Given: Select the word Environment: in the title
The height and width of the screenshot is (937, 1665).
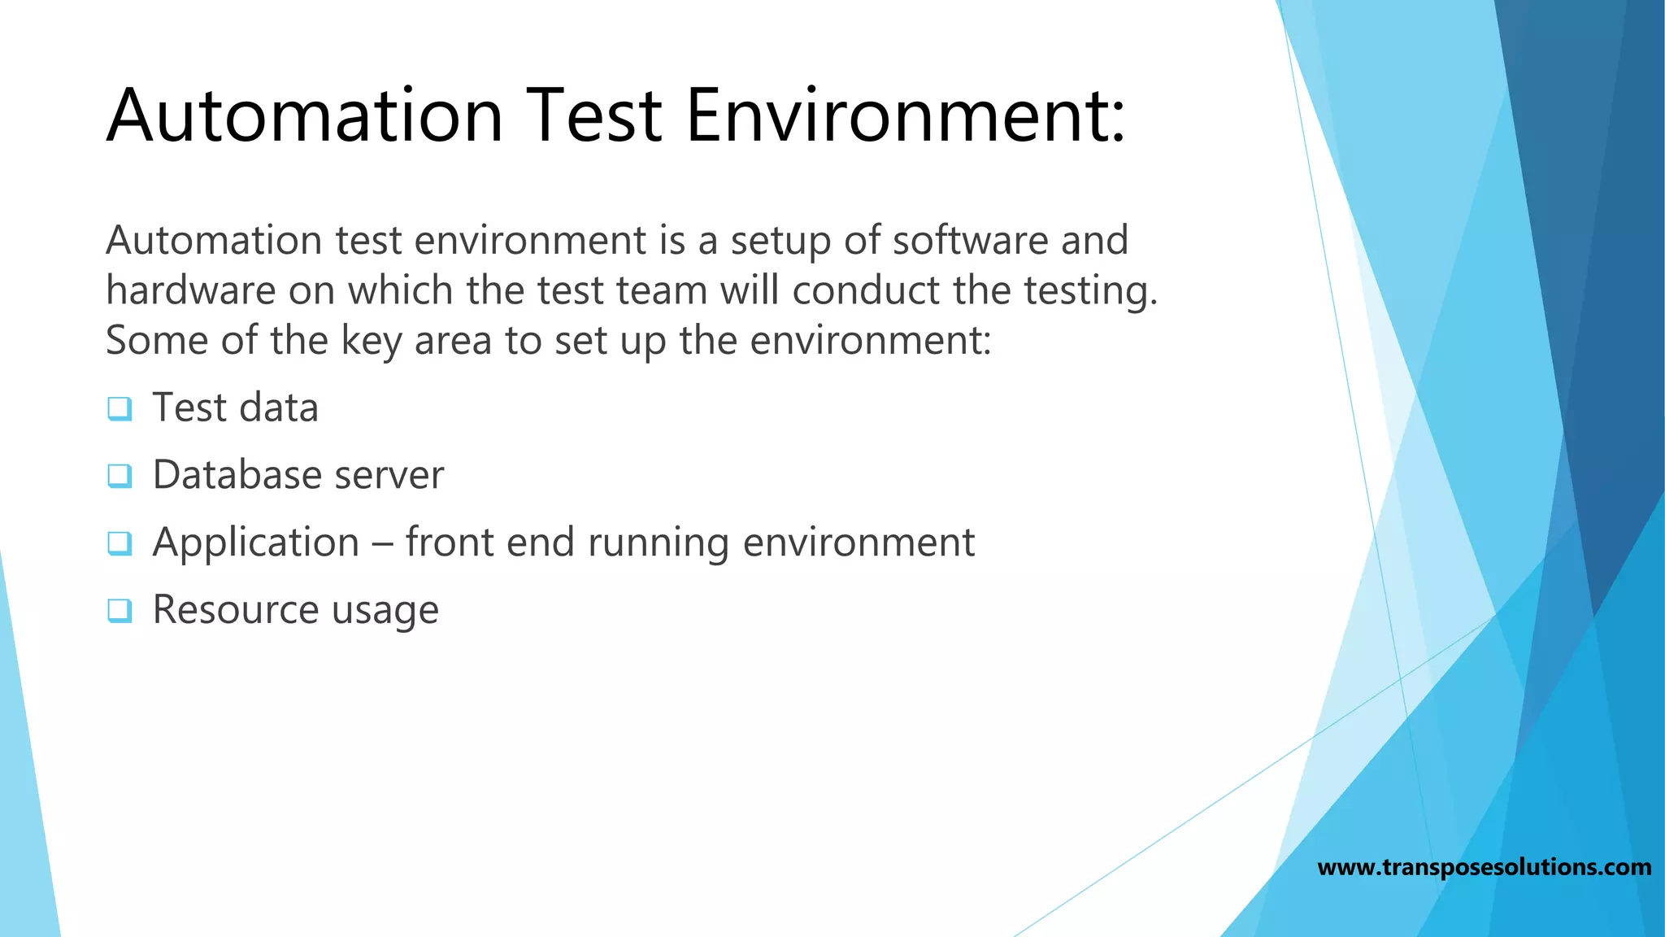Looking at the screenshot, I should [x=905, y=115].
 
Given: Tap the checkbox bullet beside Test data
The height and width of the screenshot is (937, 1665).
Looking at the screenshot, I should [x=120, y=408].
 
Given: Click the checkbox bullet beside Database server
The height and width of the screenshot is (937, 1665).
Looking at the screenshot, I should [x=120, y=476].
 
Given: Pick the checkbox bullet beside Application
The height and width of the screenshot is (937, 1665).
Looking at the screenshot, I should [x=120, y=543].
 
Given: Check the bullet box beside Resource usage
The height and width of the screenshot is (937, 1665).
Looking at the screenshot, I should [x=120, y=610].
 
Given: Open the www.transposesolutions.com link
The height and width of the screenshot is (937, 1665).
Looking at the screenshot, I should [x=1484, y=867].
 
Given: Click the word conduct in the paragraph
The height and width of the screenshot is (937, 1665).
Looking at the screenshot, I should [x=865, y=290].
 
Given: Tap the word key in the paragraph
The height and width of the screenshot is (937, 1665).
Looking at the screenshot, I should [x=371, y=341].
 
